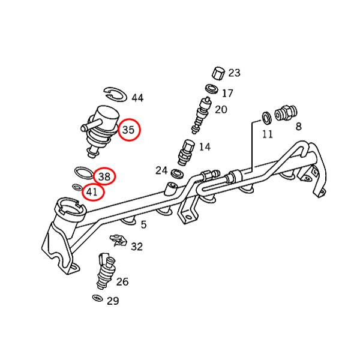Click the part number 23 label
click(234, 73)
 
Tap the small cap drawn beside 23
click(217, 74)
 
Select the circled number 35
click(128, 130)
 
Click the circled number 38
click(104, 176)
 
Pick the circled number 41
click(92, 192)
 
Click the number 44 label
click(137, 98)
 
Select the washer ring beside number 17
click(211, 89)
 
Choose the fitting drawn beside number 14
click(185, 152)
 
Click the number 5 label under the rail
click(143, 225)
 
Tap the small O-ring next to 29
click(97, 298)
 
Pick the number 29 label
click(113, 301)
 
